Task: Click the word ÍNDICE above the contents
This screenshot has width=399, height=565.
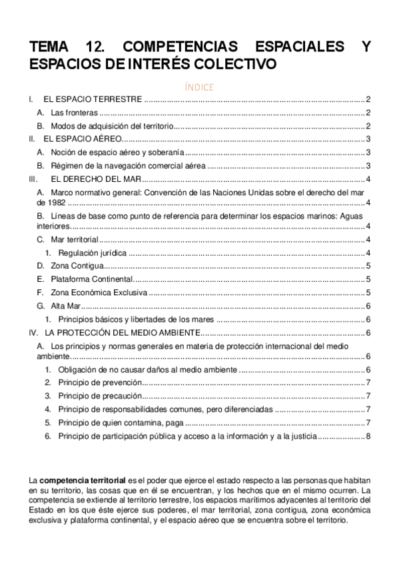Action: [x=199, y=87]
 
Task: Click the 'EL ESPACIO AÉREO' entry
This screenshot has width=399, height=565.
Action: [x=83, y=139]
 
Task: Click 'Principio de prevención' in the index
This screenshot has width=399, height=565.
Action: [x=99, y=382]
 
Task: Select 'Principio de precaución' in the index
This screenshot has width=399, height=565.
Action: [x=99, y=396]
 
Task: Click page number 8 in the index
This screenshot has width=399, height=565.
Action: [x=368, y=436]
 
